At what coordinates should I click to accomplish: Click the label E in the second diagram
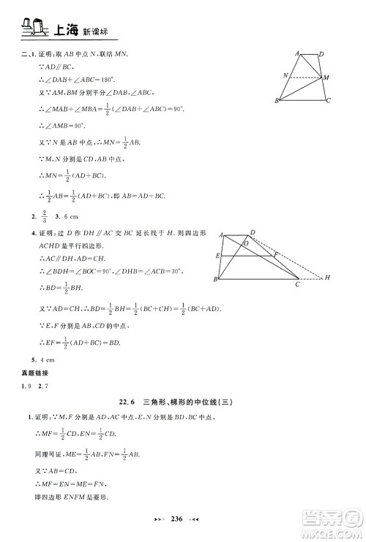(x=218, y=256)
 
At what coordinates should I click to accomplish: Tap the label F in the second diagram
(x=276, y=254)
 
